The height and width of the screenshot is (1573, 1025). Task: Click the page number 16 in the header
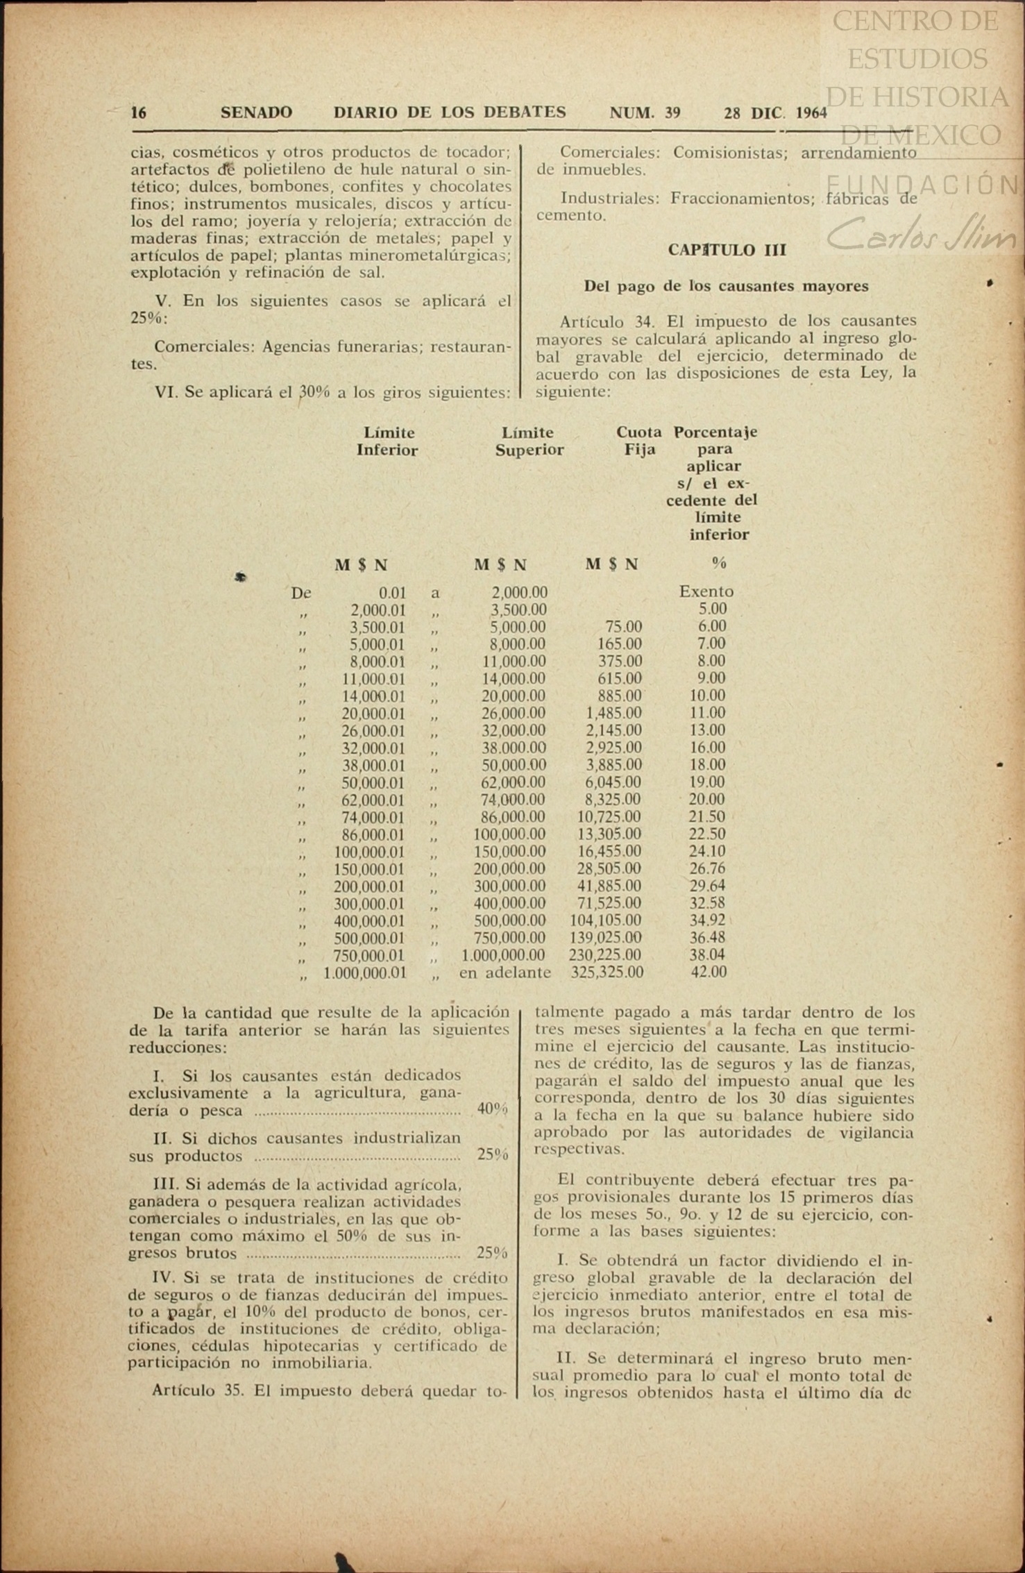point(139,112)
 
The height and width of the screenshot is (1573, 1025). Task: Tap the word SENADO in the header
point(256,112)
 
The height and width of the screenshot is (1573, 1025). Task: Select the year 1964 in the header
point(811,113)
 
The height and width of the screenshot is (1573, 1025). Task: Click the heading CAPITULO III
point(727,251)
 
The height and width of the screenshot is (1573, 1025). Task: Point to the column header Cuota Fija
point(638,441)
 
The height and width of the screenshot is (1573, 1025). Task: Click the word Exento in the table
point(706,591)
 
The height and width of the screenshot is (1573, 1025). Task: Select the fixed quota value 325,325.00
point(607,973)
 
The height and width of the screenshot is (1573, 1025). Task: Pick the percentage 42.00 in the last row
point(708,973)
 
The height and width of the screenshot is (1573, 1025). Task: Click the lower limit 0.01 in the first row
point(392,593)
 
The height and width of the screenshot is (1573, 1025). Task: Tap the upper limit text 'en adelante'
point(505,973)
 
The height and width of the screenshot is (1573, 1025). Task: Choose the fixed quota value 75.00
point(623,627)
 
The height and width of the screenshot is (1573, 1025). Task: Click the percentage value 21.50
point(706,817)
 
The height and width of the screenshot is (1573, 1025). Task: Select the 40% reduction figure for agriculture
point(492,1109)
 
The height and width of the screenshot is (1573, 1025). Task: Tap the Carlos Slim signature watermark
point(923,236)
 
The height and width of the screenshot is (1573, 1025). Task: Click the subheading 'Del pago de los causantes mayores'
point(726,286)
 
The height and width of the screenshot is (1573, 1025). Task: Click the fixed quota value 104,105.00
point(605,921)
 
